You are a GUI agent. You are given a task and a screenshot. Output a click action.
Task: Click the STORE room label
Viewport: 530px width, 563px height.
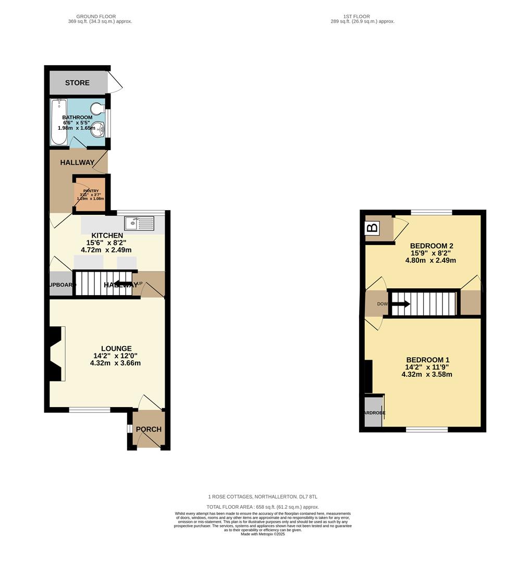click(77, 83)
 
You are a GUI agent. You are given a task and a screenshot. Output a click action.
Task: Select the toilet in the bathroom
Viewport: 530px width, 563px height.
click(97, 108)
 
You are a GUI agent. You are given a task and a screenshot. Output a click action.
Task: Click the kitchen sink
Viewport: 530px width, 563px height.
click(139, 223)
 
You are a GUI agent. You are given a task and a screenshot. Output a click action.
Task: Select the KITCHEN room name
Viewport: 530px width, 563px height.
click(107, 236)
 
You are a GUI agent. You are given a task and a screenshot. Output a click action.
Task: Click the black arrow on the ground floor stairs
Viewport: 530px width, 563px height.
click(123, 284)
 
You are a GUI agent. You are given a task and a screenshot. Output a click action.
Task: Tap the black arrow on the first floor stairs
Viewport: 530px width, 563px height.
click(400, 303)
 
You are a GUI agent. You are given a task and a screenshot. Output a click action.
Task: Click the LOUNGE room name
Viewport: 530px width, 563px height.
click(116, 349)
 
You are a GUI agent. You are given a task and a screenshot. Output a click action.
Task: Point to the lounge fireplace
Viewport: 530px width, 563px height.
click(56, 353)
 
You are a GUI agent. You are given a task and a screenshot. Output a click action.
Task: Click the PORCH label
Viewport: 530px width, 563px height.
click(149, 430)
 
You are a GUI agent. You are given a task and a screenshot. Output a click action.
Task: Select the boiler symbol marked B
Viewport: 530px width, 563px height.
click(373, 228)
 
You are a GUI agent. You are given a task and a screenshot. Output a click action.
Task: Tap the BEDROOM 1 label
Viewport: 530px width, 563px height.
click(427, 360)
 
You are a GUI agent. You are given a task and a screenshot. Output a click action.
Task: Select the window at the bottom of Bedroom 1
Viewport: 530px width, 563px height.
click(427, 430)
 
